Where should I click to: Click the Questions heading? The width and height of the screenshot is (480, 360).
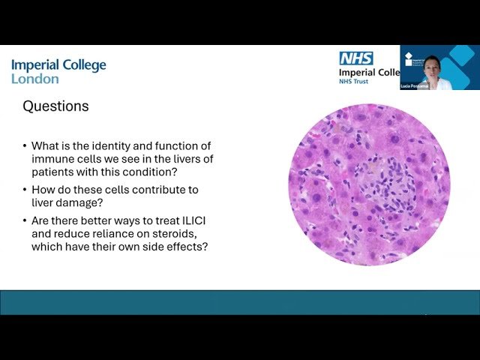coord(55,106)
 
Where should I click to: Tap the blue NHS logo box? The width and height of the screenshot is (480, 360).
coord(355,58)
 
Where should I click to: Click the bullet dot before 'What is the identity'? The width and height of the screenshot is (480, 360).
coord(25,146)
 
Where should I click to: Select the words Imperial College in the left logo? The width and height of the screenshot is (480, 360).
coord(58,65)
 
